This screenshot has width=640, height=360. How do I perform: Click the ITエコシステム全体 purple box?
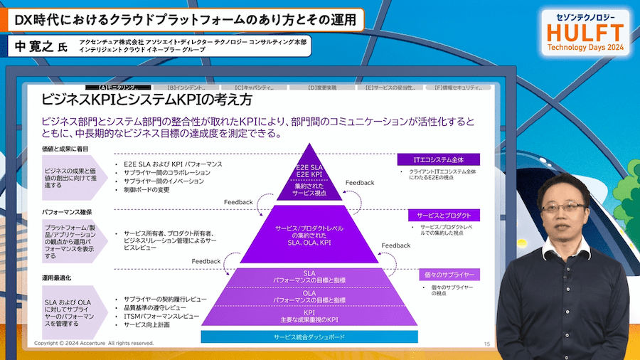[x=438, y=159]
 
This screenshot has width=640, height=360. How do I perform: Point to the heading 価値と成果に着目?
[x=66, y=150]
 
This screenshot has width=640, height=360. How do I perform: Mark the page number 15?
[x=486, y=344]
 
